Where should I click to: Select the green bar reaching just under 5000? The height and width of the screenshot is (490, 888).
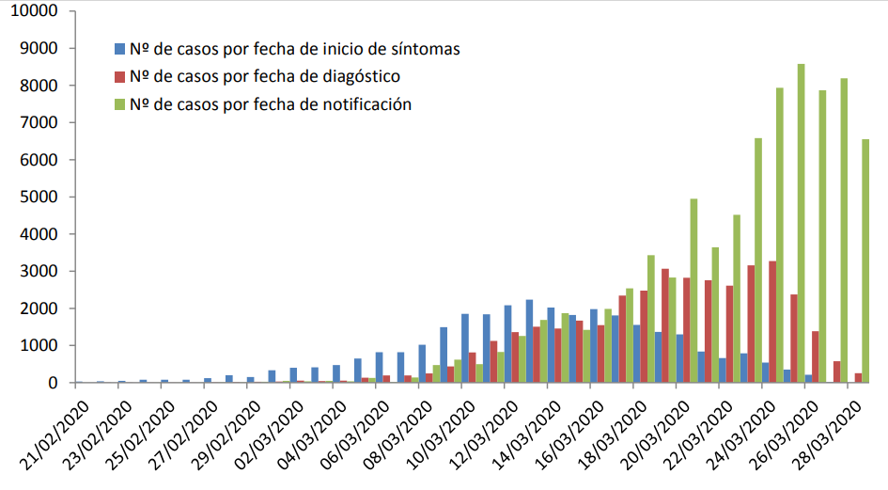click(693, 291)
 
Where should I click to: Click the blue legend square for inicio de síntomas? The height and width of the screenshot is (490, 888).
click(119, 47)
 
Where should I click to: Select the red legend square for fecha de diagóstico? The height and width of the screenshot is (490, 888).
click(119, 75)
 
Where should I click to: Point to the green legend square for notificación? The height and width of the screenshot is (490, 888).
click(119, 103)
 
